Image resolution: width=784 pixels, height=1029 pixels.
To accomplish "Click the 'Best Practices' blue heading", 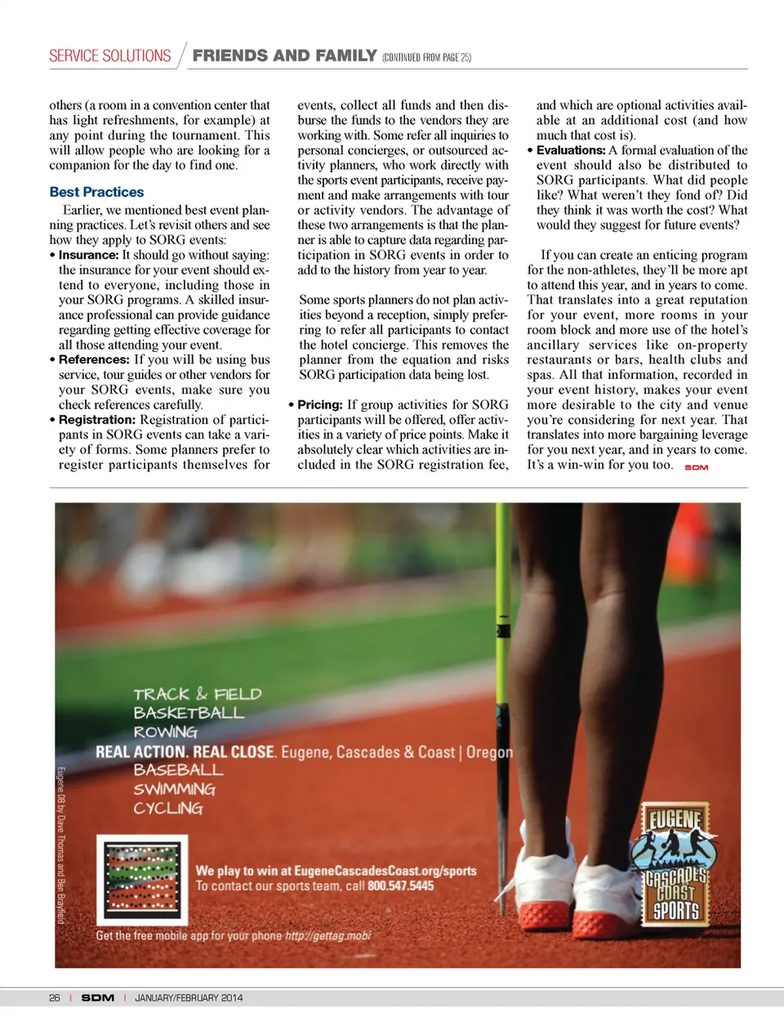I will [x=96, y=192].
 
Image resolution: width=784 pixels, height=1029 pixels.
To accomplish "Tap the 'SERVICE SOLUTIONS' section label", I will [x=110, y=56].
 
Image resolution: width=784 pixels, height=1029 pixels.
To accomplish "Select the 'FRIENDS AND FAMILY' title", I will [x=284, y=56].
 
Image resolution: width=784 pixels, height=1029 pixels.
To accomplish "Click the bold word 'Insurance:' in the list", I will [x=89, y=255].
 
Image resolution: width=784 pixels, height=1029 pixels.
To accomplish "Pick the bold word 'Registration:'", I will [x=97, y=420].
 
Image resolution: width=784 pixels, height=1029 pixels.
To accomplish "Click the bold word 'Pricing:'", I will [x=320, y=405].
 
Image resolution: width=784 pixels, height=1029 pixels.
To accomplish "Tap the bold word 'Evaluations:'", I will [x=571, y=150].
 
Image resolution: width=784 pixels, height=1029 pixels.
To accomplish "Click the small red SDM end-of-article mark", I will [x=697, y=467].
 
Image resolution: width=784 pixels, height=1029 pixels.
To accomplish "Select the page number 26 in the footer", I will [x=55, y=997].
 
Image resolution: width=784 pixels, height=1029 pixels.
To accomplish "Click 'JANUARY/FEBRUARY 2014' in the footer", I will [x=189, y=997].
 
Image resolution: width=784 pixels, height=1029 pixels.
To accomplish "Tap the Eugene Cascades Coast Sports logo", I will [x=675, y=864].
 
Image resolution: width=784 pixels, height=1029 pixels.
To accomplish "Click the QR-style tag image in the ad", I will [x=142, y=878].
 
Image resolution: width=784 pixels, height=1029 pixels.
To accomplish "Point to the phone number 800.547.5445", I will [x=400, y=886].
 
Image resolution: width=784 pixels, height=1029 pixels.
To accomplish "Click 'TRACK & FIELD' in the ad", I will [x=198, y=694].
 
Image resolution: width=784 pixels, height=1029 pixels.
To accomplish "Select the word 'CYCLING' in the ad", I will [x=168, y=808].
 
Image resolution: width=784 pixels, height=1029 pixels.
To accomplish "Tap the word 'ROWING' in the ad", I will [x=166, y=732].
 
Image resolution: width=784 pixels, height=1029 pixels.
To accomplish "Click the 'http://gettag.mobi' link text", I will [x=327, y=936].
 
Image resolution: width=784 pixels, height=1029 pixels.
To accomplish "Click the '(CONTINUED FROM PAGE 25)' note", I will [x=426, y=58].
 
